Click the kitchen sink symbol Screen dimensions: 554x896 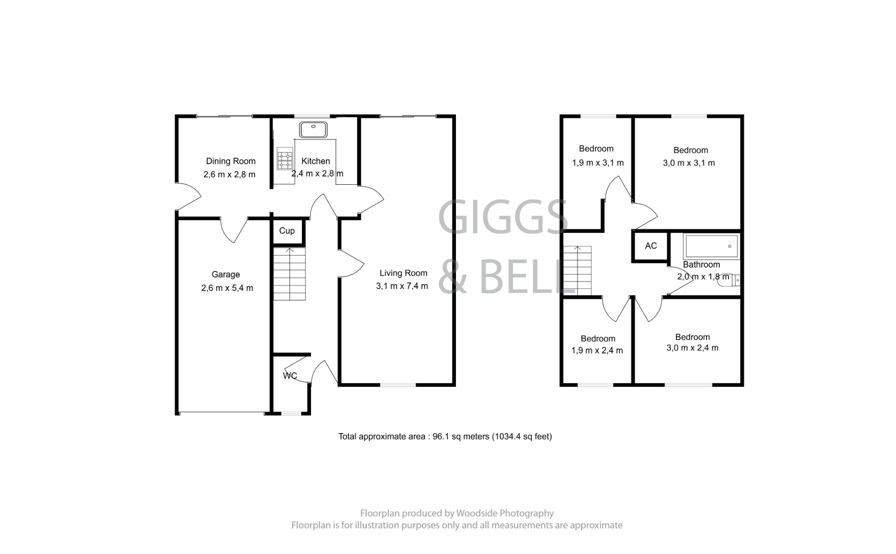[313, 130]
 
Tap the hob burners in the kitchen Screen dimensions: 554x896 [285, 160]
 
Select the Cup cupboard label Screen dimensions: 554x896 [287, 231]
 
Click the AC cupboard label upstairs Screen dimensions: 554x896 [651, 246]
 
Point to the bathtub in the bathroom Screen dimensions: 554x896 [711, 246]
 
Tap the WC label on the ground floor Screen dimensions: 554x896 [290, 376]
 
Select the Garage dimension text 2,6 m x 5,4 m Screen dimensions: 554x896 [227, 288]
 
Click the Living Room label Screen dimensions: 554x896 [403, 273]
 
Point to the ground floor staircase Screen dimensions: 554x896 [289, 274]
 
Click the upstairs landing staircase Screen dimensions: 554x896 [577, 271]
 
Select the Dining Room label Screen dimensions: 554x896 [231, 161]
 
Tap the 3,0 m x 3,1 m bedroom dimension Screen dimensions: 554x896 [689, 163]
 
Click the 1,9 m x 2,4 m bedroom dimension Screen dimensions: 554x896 [597, 350]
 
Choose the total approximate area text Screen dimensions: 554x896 [445, 437]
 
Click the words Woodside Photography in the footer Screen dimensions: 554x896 [505, 513]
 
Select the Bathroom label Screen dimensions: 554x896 [701, 265]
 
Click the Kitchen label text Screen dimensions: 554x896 [315, 161]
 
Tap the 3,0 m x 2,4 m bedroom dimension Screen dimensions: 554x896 [692, 348]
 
